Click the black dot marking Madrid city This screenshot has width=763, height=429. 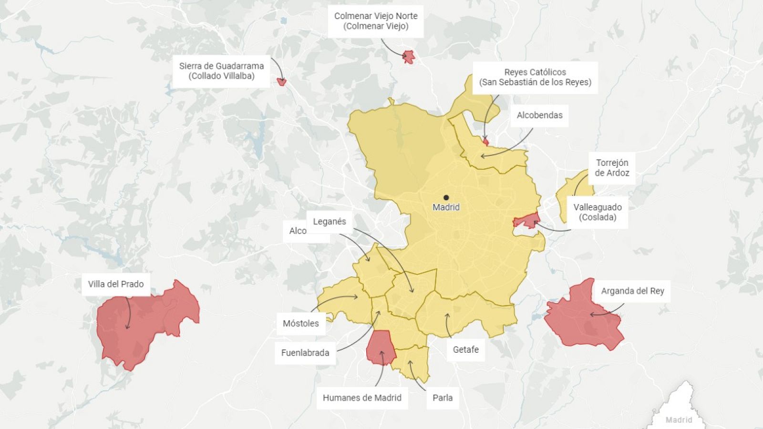(x=446, y=197)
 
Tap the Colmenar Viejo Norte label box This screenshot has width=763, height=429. (x=376, y=21)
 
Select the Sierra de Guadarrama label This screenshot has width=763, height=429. (x=221, y=71)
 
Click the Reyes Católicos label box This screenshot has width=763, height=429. (x=535, y=77)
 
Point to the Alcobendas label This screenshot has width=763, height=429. (x=539, y=115)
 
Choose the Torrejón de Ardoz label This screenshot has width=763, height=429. (x=612, y=168)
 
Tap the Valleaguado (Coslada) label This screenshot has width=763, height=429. (x=598, y=212)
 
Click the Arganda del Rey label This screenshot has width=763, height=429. (x=632, y=291)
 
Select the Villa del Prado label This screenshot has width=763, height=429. (x=116, y=284)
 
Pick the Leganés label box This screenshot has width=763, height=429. (x=330, y=222)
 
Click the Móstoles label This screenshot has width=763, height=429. (x=300, y=323)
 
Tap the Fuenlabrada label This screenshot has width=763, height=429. (x=305, y=353)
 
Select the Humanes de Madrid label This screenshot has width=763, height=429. (x=362, y=398)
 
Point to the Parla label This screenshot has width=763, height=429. (x=443, y=398)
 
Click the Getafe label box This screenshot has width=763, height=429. (x=465, y=349)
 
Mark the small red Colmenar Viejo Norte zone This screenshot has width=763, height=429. (x=409, y=57)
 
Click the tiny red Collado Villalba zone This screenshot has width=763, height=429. (x=282, y=82)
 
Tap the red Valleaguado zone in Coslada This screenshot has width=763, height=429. (x=526, y=221)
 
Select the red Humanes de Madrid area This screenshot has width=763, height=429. (x=381, y=347)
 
